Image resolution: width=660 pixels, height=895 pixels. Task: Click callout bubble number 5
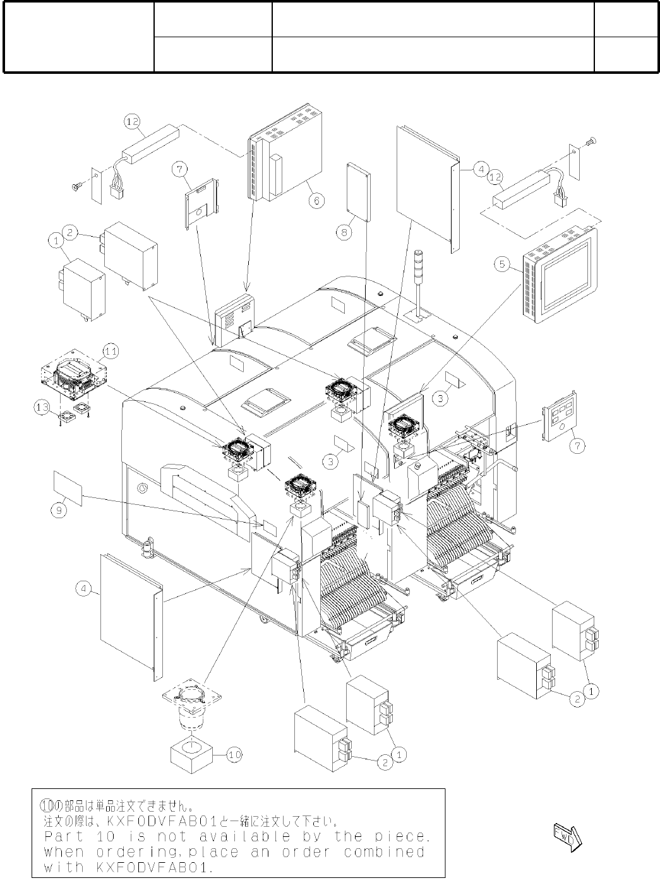coord(502,264)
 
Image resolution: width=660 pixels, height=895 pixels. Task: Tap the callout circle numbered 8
coord(344,232)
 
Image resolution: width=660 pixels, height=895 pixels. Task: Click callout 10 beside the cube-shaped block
coord(234,754)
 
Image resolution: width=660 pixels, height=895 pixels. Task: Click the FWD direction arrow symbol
coord(567,836)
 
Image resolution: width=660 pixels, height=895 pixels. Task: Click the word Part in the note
coord(63,837)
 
